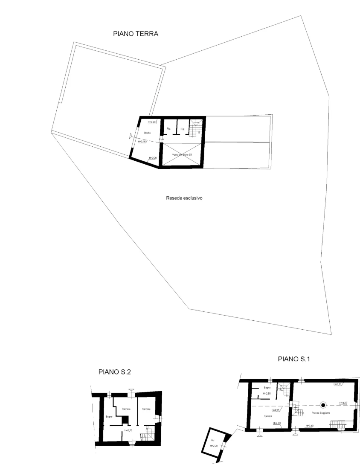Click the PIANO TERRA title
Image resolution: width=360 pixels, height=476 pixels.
(x=136, y=34)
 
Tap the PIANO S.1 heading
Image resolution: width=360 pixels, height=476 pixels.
(x=294, y=359)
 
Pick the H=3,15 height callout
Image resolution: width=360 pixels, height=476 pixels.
(x=142, y=142)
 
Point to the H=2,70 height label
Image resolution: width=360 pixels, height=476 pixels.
(x=128, y=430)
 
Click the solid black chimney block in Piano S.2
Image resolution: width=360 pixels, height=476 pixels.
(x=125, y=421)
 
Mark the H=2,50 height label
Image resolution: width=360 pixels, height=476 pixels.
(x=267, y=393)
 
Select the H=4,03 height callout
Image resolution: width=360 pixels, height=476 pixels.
(x=277, y=423)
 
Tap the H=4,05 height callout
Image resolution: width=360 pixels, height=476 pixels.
(x=344, y=403)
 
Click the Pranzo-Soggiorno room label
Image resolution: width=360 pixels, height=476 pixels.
(x=322, y=412)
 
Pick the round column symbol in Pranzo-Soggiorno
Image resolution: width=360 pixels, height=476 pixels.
(x=323, y=405)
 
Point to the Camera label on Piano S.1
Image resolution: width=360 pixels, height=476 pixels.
(x=268, y=416)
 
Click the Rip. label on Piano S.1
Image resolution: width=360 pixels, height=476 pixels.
(x=212, y=440)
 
